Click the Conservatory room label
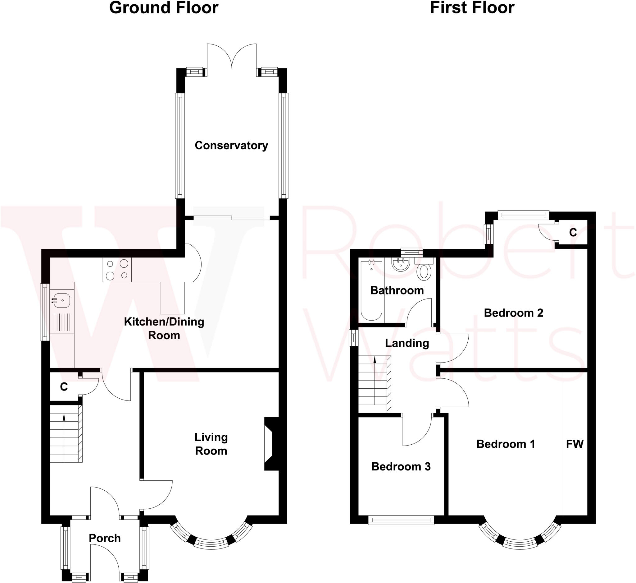(231, 145)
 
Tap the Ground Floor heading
(163, 8)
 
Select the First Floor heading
(472, 8)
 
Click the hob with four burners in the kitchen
(117, 270)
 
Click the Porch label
(105, 539)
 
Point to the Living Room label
(211, 444)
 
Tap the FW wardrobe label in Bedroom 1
(575, 444)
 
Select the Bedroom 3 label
(401, 466)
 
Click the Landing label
(407, 343)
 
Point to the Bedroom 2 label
(513, 313)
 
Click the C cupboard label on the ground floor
(64, 387)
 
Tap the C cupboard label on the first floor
(573, 233)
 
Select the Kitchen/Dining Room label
(164, 328)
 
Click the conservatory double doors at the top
(232, 57)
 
